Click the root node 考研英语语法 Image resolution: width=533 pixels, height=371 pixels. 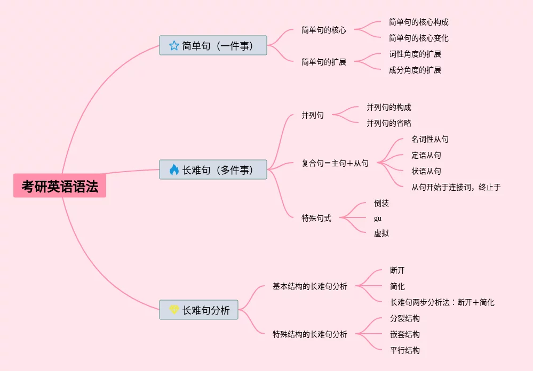pyautogui.click(x=60, y=186)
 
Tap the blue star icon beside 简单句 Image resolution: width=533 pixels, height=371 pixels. pyautogui.click(x=174, y=45)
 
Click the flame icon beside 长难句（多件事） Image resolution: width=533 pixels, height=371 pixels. pyautogui.click(x=174, y=170)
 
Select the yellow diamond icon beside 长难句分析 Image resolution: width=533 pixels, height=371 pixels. pyautogui.click(x=174, y=310)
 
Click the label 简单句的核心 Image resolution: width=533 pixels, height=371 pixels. pyautogui.click(x=323, y=30)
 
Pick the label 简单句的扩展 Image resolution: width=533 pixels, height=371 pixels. pyautogui.click(x=323, y=62)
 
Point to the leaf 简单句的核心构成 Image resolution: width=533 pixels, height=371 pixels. pyautogui.click(x=418, y=22)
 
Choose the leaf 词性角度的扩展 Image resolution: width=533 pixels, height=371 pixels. pyautogui.click(x=415, y=54)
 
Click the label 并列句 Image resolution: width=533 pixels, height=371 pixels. pyautogui.click(x=312, y=115)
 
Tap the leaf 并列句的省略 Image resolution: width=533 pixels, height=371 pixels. pyautogui.click(x=388, y=123)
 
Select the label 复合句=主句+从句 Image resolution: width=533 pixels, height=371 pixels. pyautogui.click(x=335, y=163)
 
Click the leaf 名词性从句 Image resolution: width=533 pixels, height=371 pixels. pyautogui.click(x=429, y=139)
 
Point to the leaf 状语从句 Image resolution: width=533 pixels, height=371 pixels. pyautogui.click(x=426, y=171)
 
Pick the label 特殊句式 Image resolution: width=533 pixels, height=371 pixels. pyautogui.click(x=316, y=217)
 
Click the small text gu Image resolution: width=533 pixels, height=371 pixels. pyautogui.click(x=378, y=218)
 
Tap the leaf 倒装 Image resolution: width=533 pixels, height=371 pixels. pyautogui.click(x=381, y=203)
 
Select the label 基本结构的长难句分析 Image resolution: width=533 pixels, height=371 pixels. pyautogui.click(x=309, y=286)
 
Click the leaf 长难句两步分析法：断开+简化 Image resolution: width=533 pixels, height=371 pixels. pyautogui.click(x=442, y=302)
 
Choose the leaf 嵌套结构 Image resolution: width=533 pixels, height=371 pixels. pyautogui.click(x=404, y=334)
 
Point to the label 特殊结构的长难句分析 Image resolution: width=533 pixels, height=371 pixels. pyautogui.click(x=309, y=334)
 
